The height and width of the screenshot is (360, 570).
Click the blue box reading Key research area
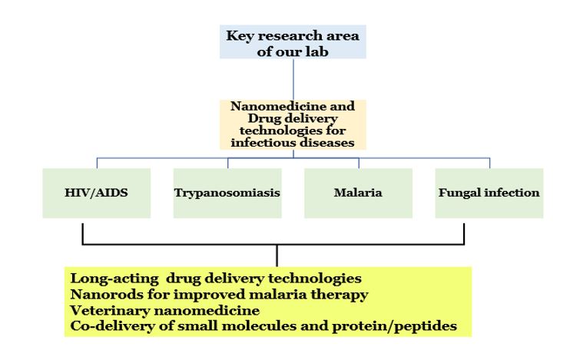point(292,43)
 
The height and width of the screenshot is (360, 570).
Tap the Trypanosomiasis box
point(227,192)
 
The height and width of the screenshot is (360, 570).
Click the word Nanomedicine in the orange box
point(257,107)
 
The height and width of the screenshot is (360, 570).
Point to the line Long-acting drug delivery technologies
point(215,277)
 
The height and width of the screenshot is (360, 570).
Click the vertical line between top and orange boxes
point(292,79)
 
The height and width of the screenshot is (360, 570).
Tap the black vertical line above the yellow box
point(277,255)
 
